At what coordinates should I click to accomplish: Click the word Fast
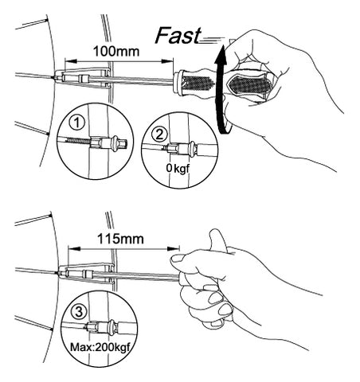[x=178, y=35]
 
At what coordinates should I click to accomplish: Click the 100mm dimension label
[x=116, y=51]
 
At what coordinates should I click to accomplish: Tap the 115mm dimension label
[x=120, y=239]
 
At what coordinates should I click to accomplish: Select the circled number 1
[x=76, y=123]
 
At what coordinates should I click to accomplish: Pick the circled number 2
[x=159, y=134]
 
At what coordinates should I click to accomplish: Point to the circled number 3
[x=79, y=311]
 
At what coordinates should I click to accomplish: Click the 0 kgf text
[x=178, y=168]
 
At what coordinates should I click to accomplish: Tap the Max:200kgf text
[x=100, y=347]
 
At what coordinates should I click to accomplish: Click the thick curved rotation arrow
[x=219, y=88]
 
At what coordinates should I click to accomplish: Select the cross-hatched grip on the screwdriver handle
[x=196, y=83]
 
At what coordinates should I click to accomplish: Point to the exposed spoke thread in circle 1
[x=78, y=140]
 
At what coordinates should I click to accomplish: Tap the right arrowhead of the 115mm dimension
[x=174, y=248]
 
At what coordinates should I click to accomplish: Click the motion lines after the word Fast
[x=212, y=40]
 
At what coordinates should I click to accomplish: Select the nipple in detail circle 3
[x=103, y=326]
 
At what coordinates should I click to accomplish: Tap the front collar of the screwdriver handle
[x=178, y=82]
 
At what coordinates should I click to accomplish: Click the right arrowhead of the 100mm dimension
[x=167, y=61]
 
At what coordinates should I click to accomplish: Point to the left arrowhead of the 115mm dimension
[x=74, y=248]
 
